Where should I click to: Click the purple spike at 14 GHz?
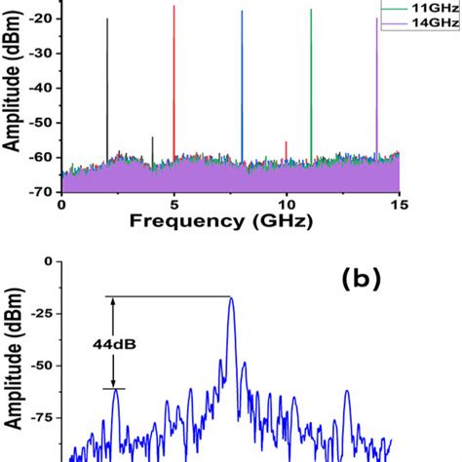(x=376, y=88)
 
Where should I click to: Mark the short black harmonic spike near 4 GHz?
(x=152, y=146)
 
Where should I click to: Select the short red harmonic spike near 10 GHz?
(x=286, y=149)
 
